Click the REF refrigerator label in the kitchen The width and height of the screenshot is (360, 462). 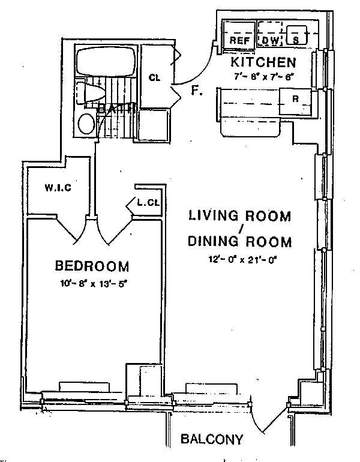tap(239, 40)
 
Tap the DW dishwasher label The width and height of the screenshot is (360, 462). tap(269, 40)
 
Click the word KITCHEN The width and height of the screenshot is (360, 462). tap(263, 62)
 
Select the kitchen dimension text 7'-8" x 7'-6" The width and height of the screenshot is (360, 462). tap(263, 76)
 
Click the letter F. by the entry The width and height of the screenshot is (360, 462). tap(196, 91)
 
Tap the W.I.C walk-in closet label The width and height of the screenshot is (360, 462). tap(58, 188)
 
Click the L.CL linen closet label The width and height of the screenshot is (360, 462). tap(148, 202)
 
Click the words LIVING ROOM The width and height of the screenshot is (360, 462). tap(239, 215)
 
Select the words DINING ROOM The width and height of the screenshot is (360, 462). tap(239, 242)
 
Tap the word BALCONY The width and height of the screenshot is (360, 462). tap(212, 439)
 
